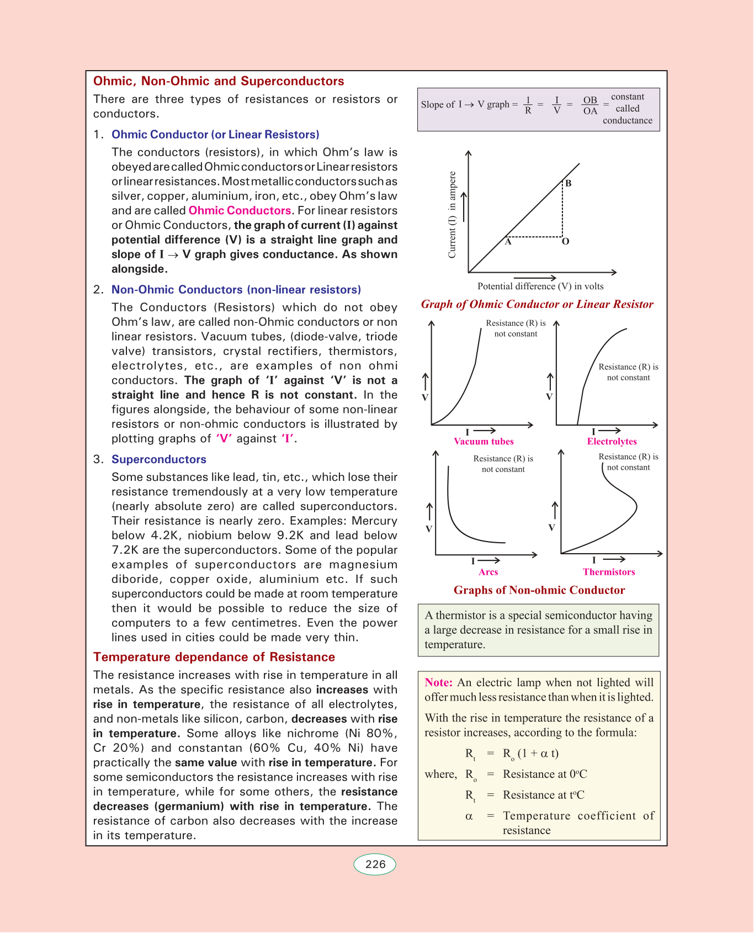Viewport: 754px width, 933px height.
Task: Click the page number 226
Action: (x=375, y=865)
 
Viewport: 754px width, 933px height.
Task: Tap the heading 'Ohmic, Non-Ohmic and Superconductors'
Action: (x=219, y=81)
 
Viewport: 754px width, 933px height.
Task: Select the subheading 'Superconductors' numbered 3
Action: (x=159, y=459)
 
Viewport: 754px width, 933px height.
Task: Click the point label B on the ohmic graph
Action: (x=568, y=183)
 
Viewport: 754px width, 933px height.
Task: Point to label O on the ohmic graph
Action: (x=566, y=242)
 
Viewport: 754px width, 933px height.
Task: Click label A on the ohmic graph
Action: (x=508, y=242)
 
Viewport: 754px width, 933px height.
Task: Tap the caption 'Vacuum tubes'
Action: (x=484, y=442)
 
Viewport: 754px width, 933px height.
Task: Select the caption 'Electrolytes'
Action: (x=612, y=442)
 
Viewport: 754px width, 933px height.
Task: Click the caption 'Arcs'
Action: (x=488, y=572)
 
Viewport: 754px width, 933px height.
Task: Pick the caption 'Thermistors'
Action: (x=609, y=572)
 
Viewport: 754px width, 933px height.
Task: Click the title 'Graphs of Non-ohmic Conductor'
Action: (x=539, y=590)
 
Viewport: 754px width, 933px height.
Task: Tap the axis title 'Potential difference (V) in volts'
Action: (x=540, y=286)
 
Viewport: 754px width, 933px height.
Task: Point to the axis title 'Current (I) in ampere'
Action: (x=453, y=215)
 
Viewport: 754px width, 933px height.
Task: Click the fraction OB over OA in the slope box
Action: (x=590, y=105)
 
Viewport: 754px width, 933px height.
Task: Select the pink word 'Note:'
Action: (x=438, y=682)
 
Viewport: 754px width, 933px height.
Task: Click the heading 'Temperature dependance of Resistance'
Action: (x=214, y=657)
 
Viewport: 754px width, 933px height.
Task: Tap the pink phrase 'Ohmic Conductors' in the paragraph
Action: (x=240, y=210)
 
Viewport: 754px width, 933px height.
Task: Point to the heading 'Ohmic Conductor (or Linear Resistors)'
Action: (x=215, y=135)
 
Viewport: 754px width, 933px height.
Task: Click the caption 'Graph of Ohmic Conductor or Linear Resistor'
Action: (x=537, y=304)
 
